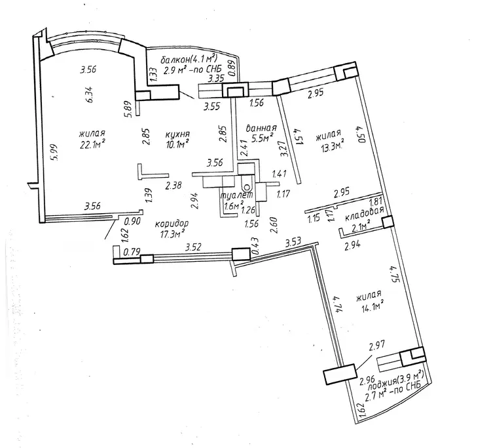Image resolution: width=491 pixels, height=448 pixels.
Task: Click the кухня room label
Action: click(177, 134)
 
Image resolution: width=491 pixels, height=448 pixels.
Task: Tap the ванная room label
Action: click(261, 128)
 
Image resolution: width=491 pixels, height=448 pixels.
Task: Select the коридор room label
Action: click(172, 224)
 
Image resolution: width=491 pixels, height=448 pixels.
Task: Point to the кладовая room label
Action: click(364, 217)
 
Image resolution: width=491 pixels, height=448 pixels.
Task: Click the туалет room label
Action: click(237, 195)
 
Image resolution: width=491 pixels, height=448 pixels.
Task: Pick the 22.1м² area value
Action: click(92, 144)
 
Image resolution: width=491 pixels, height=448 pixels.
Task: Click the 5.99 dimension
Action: click(54, 152)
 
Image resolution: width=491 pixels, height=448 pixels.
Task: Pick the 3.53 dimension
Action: click(293, 242)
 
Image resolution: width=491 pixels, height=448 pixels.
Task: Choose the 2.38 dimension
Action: click(173, 186)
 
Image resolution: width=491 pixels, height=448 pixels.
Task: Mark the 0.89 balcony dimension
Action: click(232, 68)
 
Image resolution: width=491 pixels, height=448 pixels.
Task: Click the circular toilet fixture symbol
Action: click(247, 188)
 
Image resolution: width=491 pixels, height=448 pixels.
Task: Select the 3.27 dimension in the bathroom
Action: click(283, 149)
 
